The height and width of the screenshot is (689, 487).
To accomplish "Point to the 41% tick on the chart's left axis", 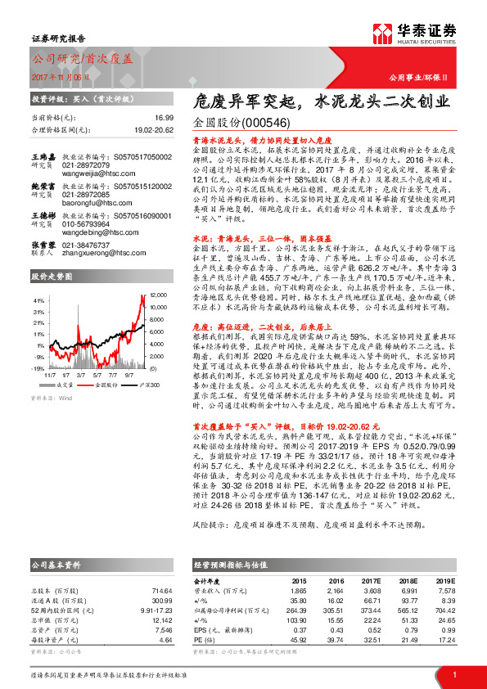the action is click(39, 300).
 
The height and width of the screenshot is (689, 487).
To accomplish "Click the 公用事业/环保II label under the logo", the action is click(433, 78).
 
